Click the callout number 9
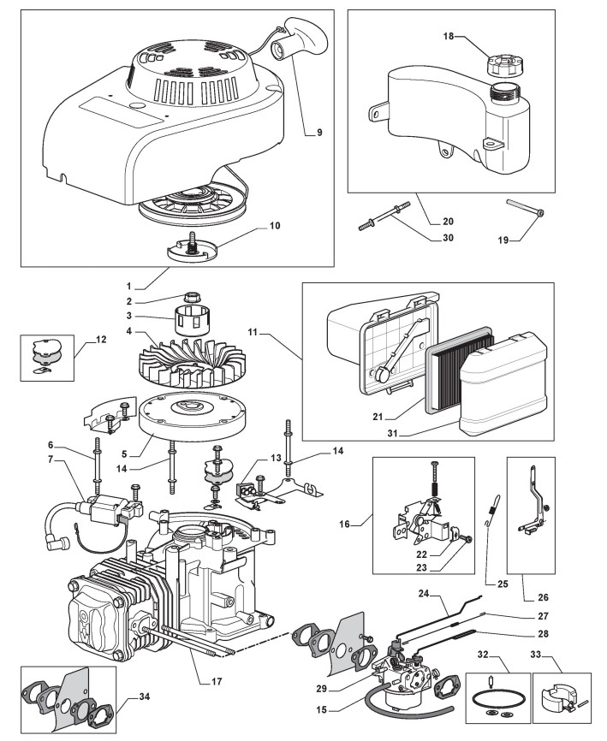(318, 133)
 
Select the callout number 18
(449, 37)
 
